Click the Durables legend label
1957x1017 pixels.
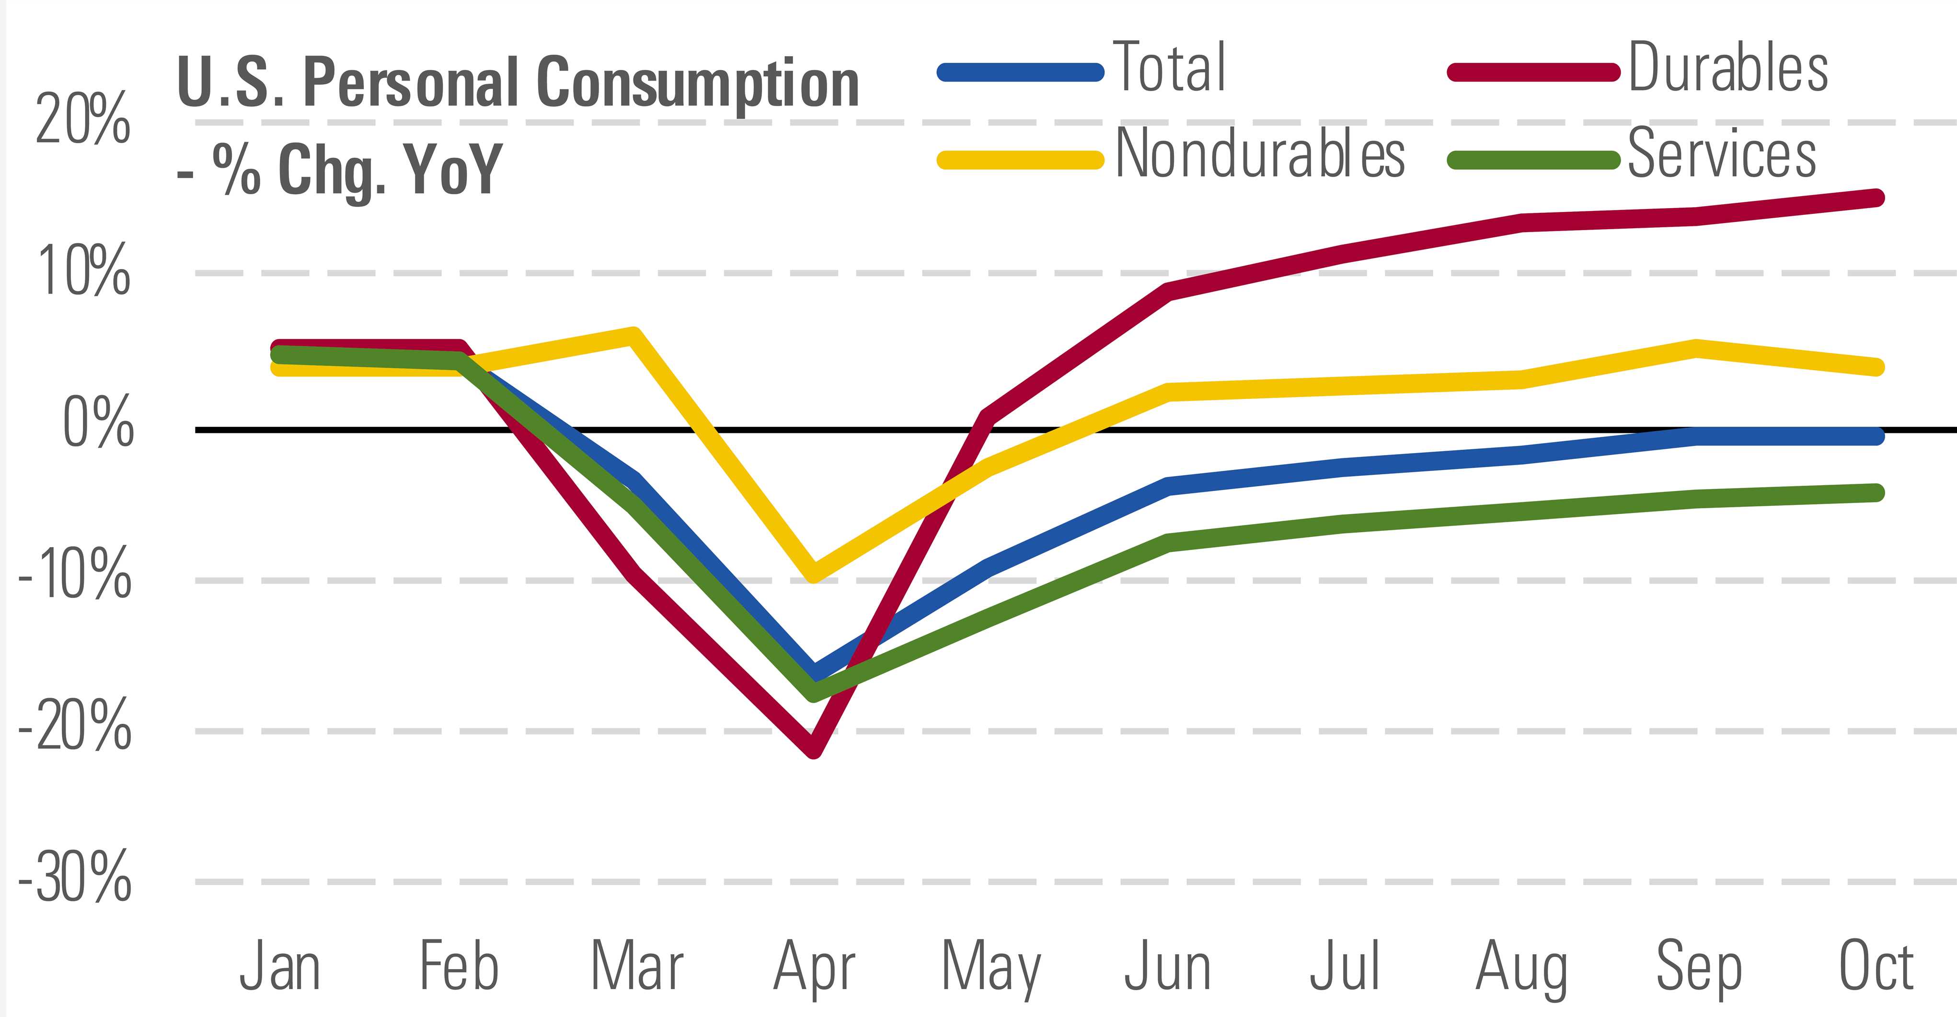[x=1727, y=69]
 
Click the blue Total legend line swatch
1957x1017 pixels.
[x=1020, y=73]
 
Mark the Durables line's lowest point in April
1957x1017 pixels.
[x=814, y=748]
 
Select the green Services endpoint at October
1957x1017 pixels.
[x=1875, y=492]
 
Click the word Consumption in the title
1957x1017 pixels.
[x=697, y=83]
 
